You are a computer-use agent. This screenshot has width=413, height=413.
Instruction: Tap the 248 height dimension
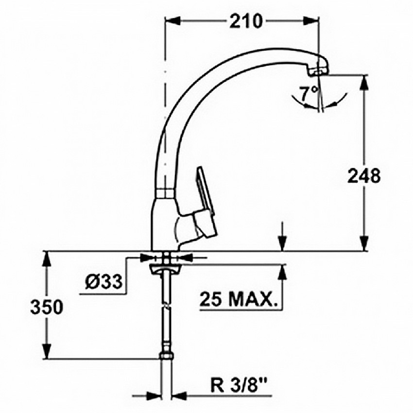pyautogui.click(x=364, y=176)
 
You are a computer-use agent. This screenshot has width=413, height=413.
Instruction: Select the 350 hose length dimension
pyautogui.click(x=47, y=307)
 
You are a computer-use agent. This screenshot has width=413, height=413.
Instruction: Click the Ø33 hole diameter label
pyautogui.click(x=104, y=282)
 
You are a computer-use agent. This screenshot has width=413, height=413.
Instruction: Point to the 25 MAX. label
pyautogui.click(x=239, y=299)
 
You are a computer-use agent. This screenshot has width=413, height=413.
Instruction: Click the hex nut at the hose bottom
pyautogui.click(x=166, y=356)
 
